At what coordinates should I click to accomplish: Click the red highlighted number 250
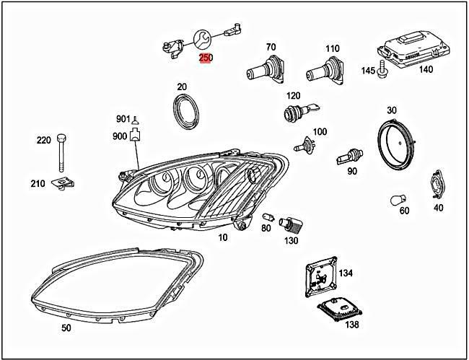(x=206, y=58)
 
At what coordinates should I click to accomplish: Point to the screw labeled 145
(x=384, y=71)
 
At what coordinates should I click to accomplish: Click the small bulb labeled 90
(x=347, y=155)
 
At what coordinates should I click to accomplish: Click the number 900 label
(x=119, y=135)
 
